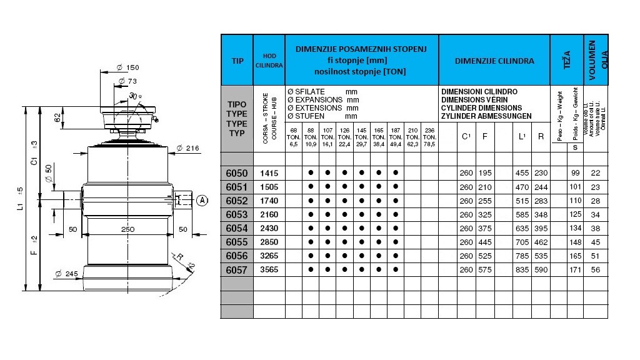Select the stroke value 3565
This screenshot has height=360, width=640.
pos(269,269)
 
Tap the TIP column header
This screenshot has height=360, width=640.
pos(237,61)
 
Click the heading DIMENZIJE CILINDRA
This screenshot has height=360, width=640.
pos(494,61)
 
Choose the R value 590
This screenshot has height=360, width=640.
pos(541,269)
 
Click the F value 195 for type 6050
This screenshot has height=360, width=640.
pos(485,173)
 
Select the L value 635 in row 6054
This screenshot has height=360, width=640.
pos(521,228)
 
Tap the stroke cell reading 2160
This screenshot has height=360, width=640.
pos(269,214)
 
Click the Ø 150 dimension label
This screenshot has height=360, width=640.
pos(127,67)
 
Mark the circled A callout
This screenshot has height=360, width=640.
pos(202,201)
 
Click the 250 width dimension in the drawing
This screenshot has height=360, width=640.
pos(127,229)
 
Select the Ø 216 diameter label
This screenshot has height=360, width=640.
pos(187,148)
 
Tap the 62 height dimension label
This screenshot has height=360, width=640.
pos(57,117)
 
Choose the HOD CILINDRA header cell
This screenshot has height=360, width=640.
pos(269,61)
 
